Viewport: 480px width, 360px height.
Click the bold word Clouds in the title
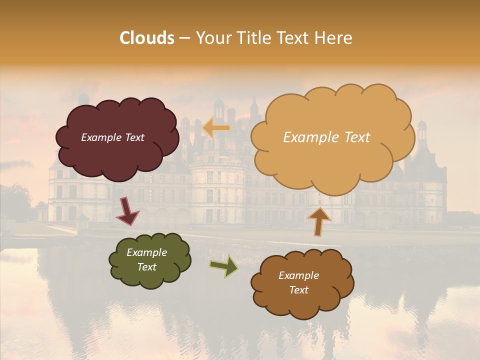point(146,38)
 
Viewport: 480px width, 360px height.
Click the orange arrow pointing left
point(216,128)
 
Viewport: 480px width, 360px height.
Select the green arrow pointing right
point(224,266)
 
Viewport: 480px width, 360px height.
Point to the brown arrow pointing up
point(319,221)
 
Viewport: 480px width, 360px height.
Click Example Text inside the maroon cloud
point(112,137)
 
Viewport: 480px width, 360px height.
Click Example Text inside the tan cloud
point(326,137)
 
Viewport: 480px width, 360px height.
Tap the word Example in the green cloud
point(146,252)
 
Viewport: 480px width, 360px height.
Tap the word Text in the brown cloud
point(298,290)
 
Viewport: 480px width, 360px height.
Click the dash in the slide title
point(184,38)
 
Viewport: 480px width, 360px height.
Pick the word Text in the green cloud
point(146,267)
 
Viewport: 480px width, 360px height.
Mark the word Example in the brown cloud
point(298,275)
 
